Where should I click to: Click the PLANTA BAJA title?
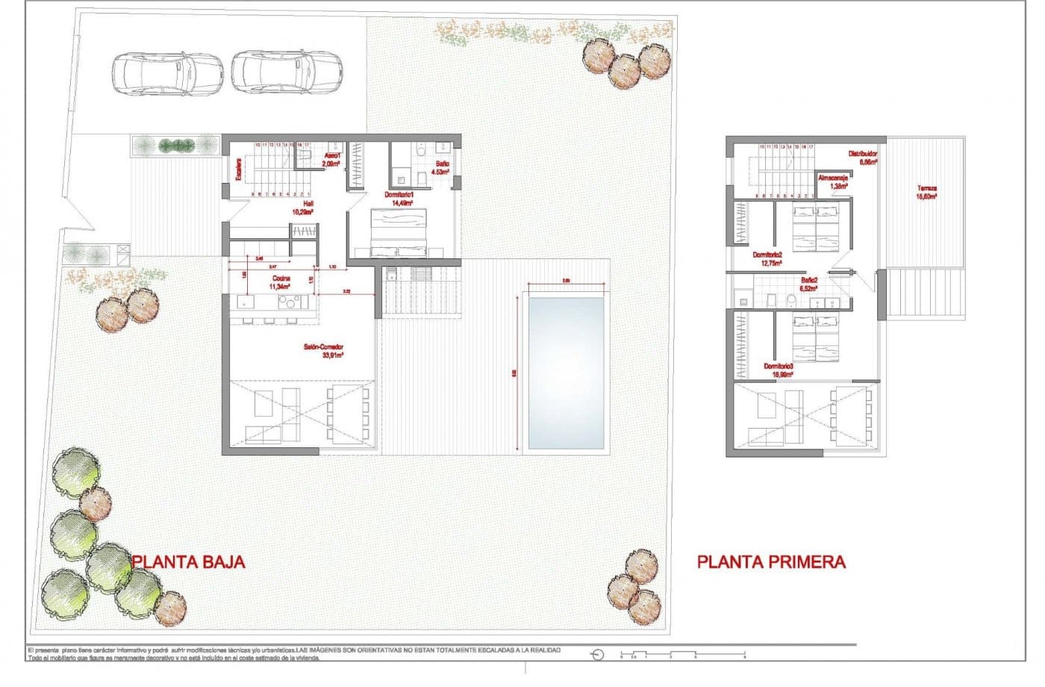point(188,562)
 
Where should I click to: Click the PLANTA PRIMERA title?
point(771,562)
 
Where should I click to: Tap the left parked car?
point(168,72)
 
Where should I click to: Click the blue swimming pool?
point(565,373)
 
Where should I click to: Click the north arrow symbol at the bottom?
point(596,655)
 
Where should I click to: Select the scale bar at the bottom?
point(683,655)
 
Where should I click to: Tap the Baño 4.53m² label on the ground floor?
point(441,167)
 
